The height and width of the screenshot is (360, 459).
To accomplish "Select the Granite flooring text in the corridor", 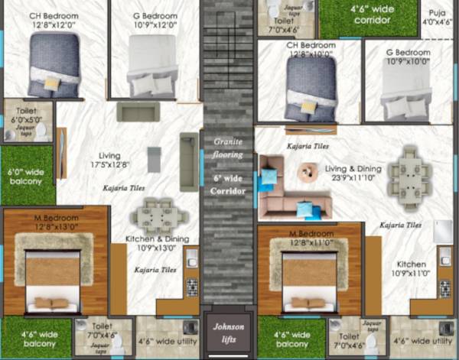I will (228, 148).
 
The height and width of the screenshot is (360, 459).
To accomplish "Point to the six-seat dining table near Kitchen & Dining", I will (158, 214).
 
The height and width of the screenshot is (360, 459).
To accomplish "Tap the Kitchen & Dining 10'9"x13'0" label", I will (155, 244).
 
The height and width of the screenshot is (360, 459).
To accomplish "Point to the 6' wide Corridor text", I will (228, 183).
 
